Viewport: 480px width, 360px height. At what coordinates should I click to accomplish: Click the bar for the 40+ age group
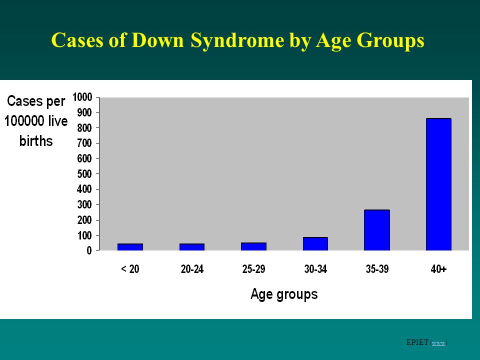(x=438, y=184)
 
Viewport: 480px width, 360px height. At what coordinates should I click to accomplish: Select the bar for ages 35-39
(x=377, y=230)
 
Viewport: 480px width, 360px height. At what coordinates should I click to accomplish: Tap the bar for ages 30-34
(x=315, y=244)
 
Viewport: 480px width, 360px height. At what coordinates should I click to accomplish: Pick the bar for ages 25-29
(x=253, y=246)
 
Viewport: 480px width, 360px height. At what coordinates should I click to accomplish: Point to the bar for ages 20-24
(x=192, y=247)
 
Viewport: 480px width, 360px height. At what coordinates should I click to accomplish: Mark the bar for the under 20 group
(x=130, y=247)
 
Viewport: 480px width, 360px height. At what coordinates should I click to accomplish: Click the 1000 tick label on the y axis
(x=82, y=97)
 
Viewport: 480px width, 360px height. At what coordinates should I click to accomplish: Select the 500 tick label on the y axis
(x=84, y=174)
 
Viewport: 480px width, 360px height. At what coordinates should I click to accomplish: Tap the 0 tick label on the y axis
(x=89, y=250)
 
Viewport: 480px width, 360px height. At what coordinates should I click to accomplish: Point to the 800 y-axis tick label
(x=84, y=128)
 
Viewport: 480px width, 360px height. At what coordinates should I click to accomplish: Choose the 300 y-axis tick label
(x=84, y=204)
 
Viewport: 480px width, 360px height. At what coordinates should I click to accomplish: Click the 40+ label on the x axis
(x=438, y=269)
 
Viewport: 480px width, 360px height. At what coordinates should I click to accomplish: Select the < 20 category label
(x=130, y=269)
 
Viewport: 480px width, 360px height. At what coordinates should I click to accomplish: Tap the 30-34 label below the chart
(x=315, y=269)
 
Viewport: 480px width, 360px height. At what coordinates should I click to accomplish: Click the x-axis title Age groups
(x=284, y=294)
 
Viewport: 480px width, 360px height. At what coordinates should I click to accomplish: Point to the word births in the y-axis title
(x=36, y=141)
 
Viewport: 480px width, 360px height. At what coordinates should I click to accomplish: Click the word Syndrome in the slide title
(x=237, y=40)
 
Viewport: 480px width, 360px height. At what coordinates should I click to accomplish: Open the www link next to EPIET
(x=438, y=343)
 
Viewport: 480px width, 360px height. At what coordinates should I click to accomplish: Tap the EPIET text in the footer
(x=417, y=342)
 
